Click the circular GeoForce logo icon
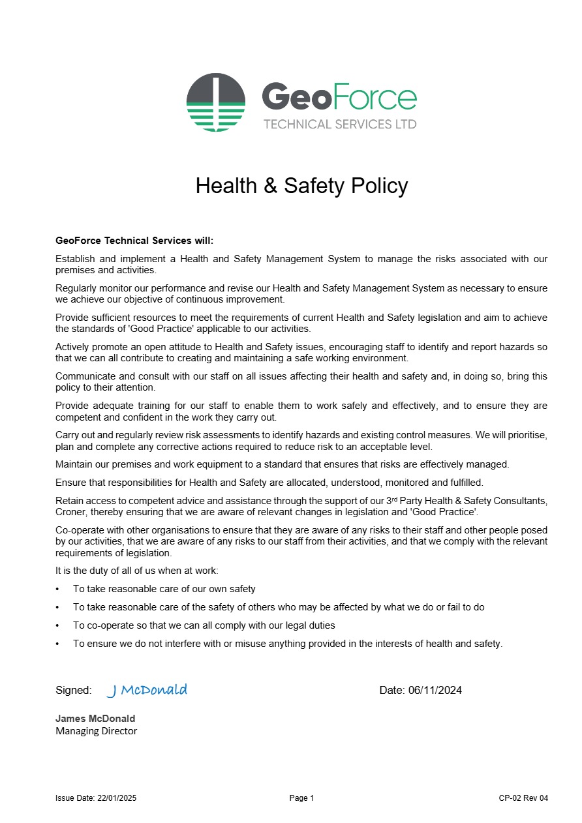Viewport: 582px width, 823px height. pyautogui.click(x=216, y=102)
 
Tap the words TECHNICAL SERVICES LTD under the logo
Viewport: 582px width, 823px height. pyautogui.click(x=339, y=124)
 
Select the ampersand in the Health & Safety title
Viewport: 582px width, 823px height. pyautogui.click(x=271, y=186)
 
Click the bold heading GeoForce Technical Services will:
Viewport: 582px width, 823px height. pyautogui.click(x=134, y=241)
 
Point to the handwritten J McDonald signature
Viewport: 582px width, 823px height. pyautogui.click(x=147, y=690)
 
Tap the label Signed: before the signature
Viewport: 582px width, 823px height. pyautogui.click(x=73, y=690)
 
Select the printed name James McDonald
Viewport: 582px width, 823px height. pyautogui.click(x=95, y=719)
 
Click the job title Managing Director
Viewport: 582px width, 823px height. pyautogui.click(x=97, y=731)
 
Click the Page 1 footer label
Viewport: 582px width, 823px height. pyautogui.click(x=301, y=798)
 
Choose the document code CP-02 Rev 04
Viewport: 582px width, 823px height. pyautogui.click(x=523, y=798)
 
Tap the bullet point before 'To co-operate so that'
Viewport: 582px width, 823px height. pyautogui.click(x=58, y=625)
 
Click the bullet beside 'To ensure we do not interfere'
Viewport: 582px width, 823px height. pyautogui.click(x=58, y=644)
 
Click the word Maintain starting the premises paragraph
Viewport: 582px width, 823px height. pyautogui.click(x=74, y=464)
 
